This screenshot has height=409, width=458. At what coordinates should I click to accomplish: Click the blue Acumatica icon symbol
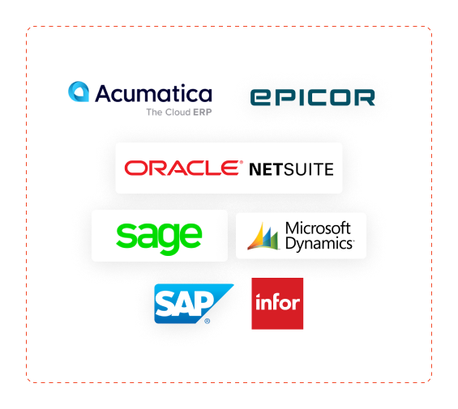[x=79, y=92]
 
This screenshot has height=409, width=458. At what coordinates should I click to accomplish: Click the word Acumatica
[x=154, y=93]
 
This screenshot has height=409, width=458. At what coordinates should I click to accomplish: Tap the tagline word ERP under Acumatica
[x=203, y=112]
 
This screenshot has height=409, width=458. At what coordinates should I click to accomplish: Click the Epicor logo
[x=313, y=97]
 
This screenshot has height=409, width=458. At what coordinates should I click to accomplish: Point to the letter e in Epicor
[x=260, y=97]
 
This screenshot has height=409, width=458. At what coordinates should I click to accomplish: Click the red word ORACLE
[x=182, y=168]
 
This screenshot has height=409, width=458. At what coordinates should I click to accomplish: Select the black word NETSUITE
[x=291, y=169]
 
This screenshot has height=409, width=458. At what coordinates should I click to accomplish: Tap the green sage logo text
[x=159, y=238]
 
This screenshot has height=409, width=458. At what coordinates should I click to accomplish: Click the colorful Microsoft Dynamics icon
[x=263, y=236]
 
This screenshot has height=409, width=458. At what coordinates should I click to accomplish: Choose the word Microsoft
[x=318, y=228]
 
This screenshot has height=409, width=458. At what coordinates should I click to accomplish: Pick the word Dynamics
[x=319, y=244]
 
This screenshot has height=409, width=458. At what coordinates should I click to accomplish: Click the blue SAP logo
[x=194, y=304]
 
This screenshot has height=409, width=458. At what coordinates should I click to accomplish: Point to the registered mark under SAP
[x=207, y=322]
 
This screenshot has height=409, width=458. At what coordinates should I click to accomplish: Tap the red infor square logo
[x=277, y=304]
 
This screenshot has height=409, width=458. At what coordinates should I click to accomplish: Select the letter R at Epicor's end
[x=365, y=97]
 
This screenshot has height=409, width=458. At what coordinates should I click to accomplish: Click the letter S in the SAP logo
[x=165, y=304]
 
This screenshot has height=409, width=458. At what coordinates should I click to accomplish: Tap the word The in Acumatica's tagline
[x=153, y=112]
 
